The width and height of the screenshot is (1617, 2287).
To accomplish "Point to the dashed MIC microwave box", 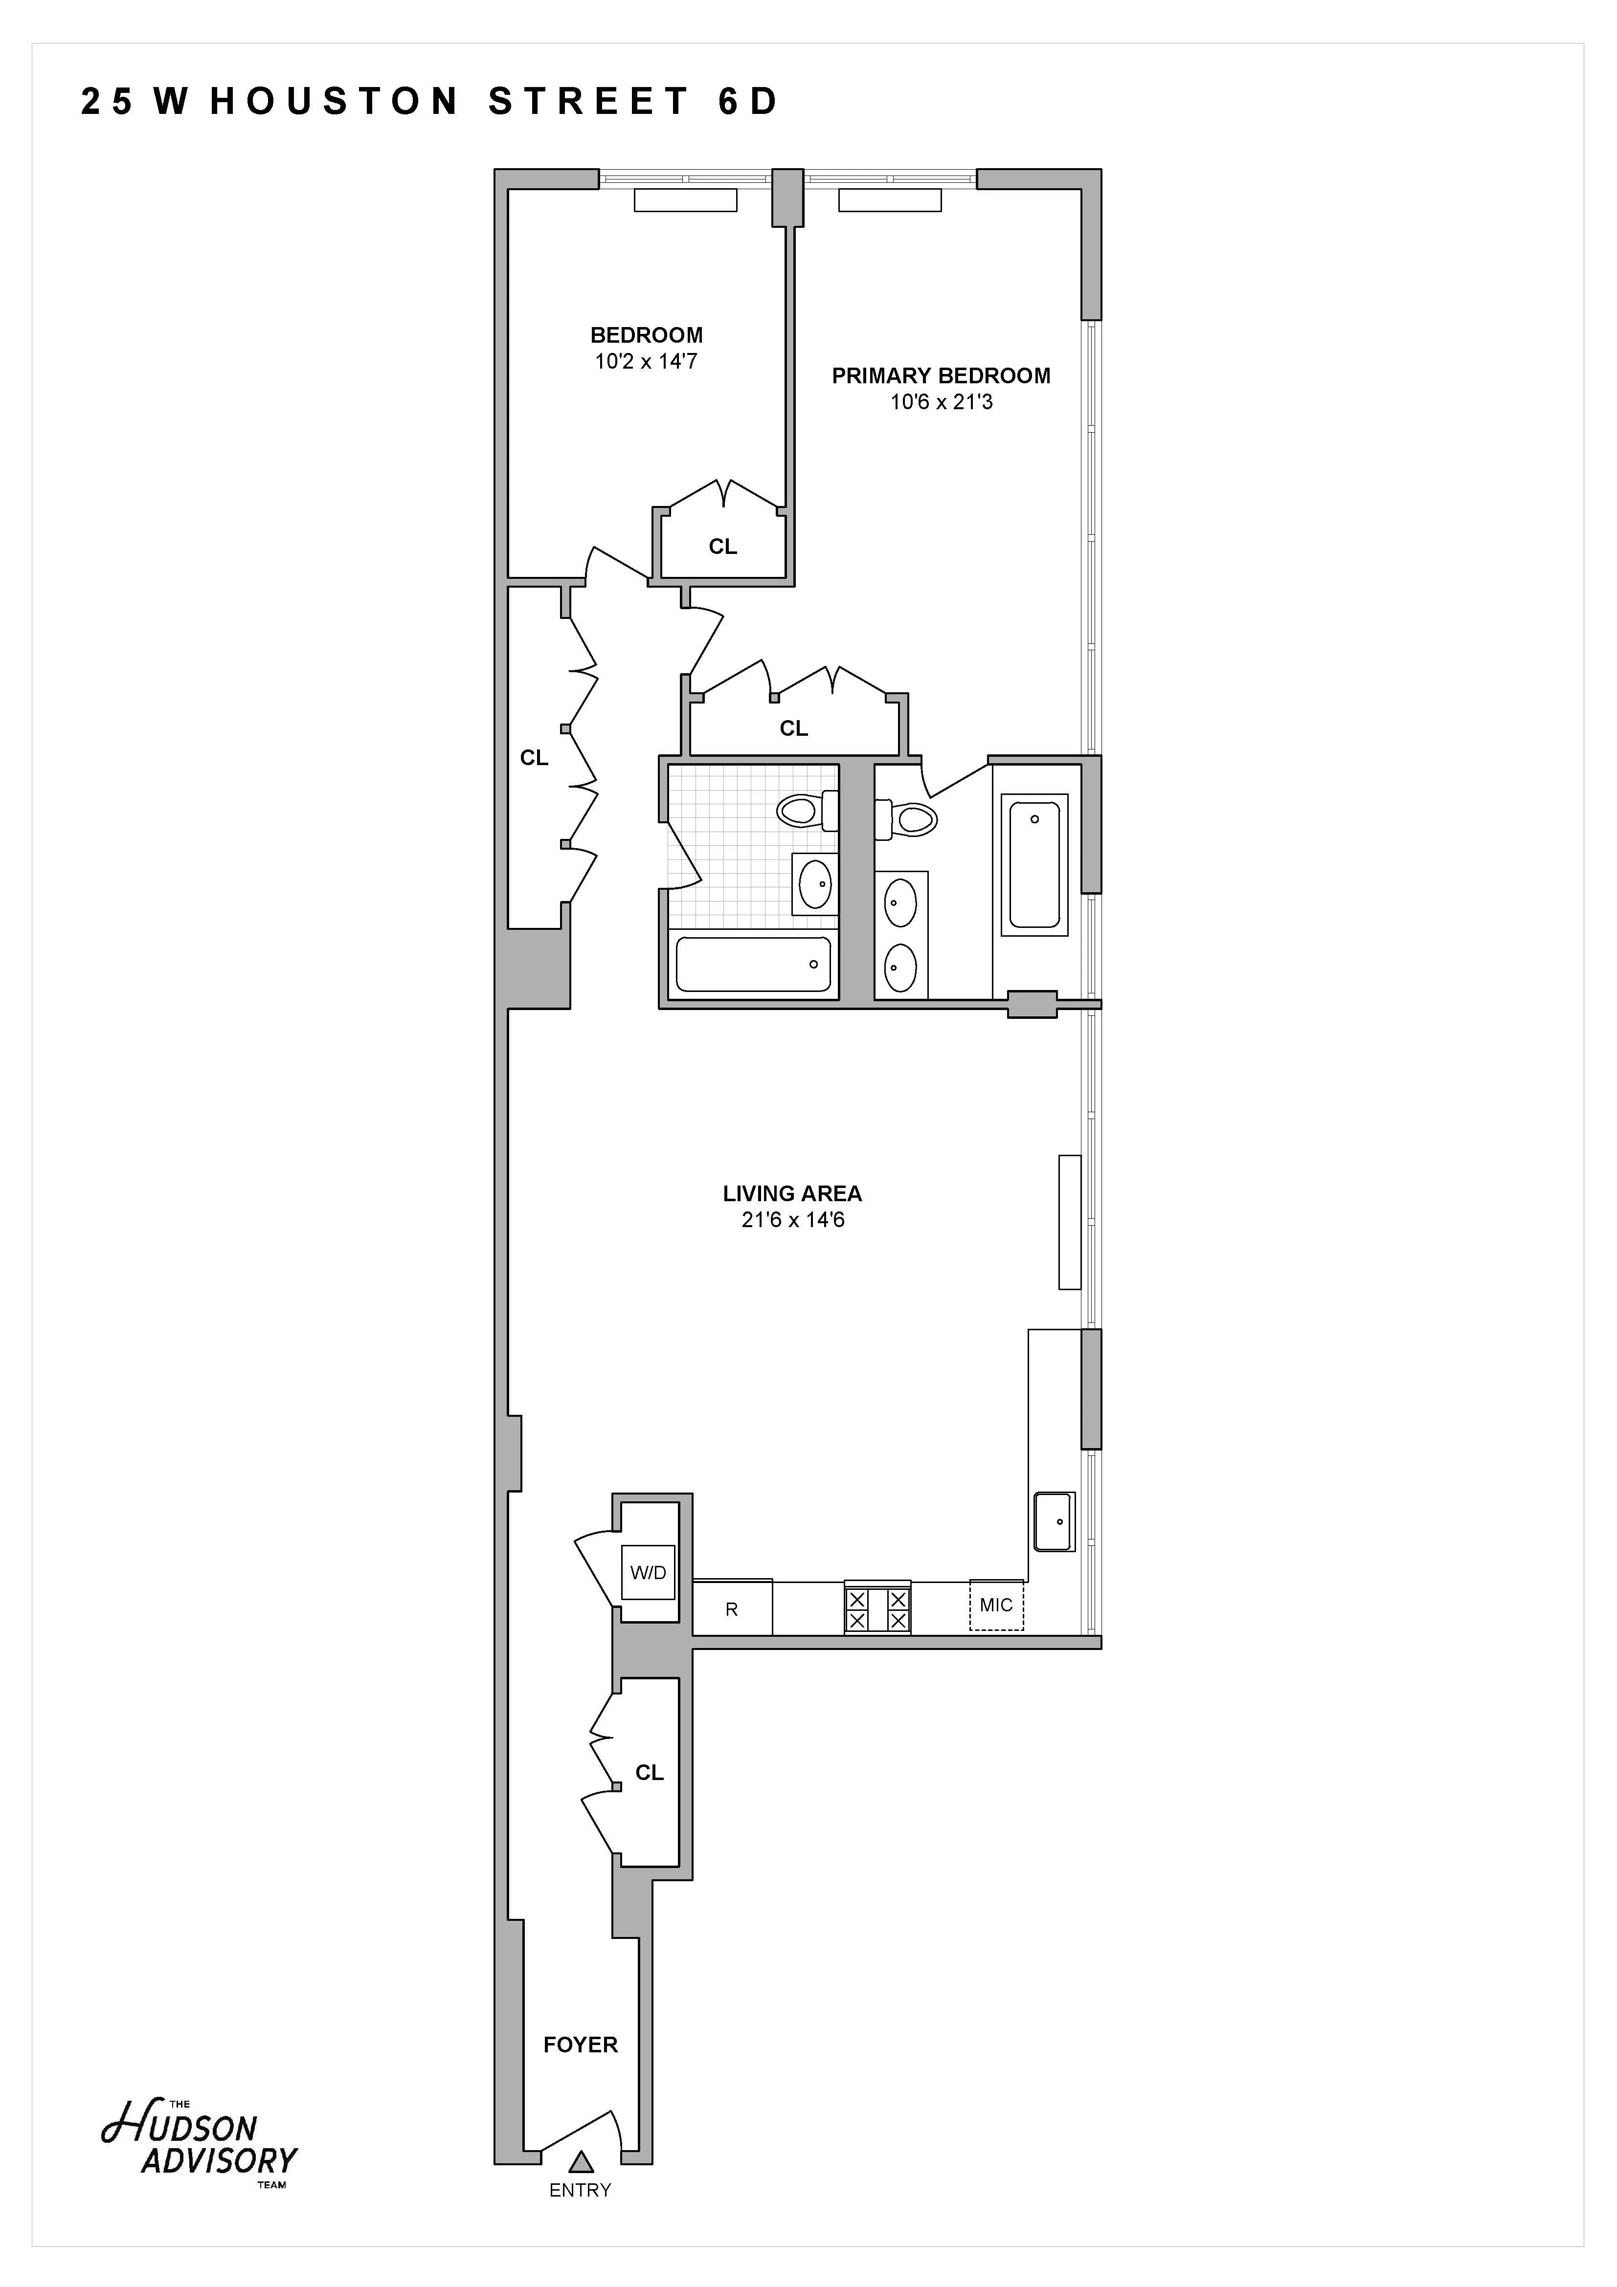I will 996,1605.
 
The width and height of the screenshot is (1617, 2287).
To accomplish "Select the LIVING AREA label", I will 792,1193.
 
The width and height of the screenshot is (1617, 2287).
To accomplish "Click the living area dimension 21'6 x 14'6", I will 792,1220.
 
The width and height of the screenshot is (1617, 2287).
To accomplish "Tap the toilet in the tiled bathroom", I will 807,810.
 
